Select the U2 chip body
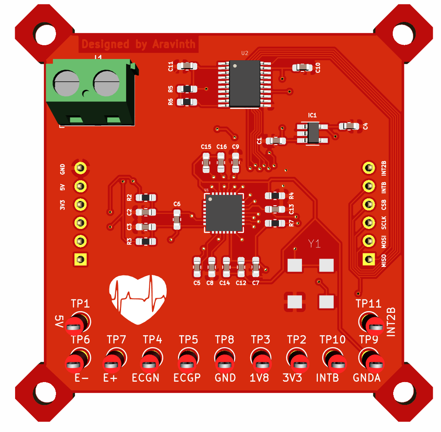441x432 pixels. (245, 83)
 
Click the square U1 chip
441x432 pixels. (224, 213)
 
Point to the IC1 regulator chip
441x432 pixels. (313, 133)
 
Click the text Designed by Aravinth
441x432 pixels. (138, 44)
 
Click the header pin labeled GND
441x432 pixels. (80, 167)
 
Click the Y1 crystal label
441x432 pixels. (315, 244)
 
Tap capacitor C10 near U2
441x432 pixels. (302, 67)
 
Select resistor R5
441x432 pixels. (187, 89)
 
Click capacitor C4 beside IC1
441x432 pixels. (349, 126)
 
